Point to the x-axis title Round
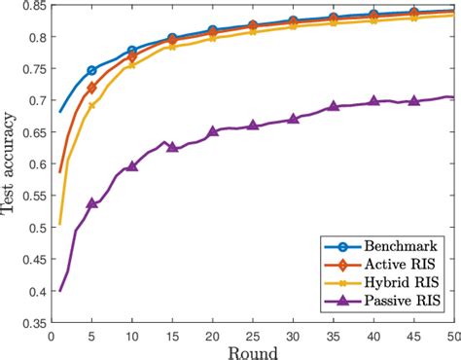click(252, 351)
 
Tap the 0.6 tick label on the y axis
click(32, 164)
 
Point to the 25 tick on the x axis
click(252, 336)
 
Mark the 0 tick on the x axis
click(52, 336)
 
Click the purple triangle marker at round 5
click(92, 203)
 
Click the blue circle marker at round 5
click(92, 70)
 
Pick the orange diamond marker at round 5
click(92, 88)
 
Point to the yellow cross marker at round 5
click(92, 105)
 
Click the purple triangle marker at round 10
click(132, 166)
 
